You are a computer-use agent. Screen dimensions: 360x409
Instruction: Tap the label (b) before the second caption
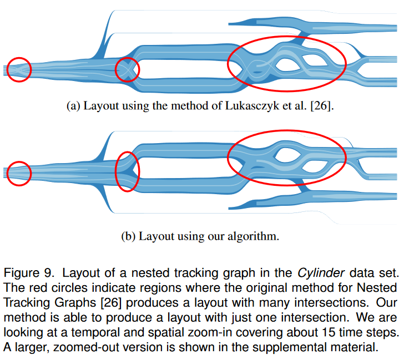tap(128, 236)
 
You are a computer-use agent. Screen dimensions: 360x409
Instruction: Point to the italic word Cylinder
tap(315, 273)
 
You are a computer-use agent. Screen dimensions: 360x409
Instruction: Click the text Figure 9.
tap(28, 273)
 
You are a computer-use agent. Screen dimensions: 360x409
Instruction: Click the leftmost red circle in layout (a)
tap(19, 69)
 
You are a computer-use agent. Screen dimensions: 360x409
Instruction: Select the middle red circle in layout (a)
tap(127, 70)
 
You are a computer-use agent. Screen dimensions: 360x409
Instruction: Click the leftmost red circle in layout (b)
tap(18, 173)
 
